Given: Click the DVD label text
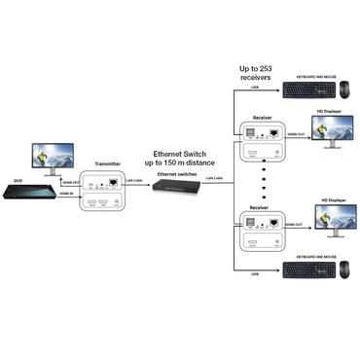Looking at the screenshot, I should point(16,179).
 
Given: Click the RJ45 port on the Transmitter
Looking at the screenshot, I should point(117,182).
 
